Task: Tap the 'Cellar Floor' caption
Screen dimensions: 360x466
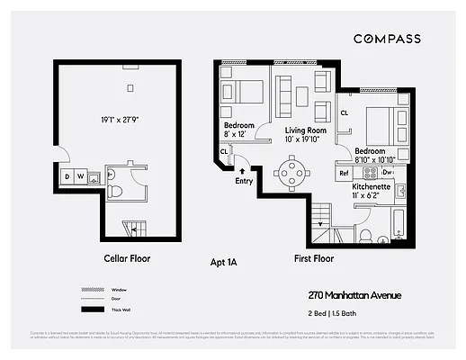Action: pyautogui.click(x=127, y=258)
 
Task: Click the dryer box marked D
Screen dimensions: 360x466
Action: pyautogui.click(x=67, y=175)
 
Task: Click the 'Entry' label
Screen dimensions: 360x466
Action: pyautogui.click(x=244, y=181)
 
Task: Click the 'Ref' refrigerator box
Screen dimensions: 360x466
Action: pyautogui.click(x=344, y=172)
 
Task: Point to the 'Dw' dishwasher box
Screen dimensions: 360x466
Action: pyautogui.click(x=388, y=172)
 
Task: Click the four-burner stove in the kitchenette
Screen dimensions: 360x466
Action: pyautogui.click(x=369, y=171)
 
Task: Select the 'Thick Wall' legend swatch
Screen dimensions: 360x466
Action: pyautogui.click(x=86, y=309)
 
